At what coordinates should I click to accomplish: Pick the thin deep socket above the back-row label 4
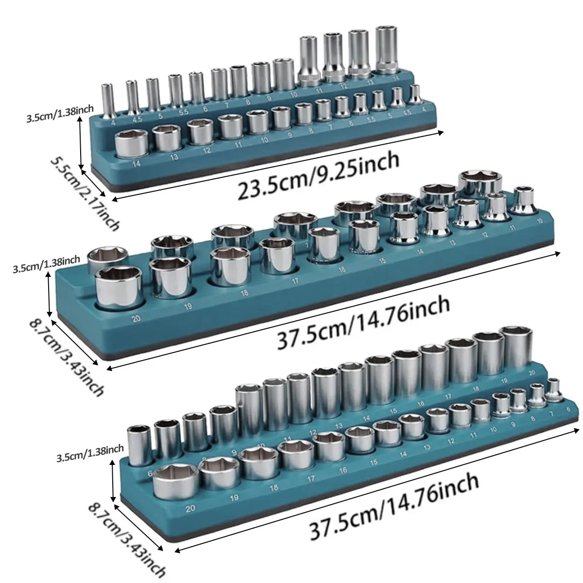tap(105, 99)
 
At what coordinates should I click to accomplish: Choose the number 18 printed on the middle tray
tap(244, 293)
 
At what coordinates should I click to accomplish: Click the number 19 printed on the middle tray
tap(188, 306)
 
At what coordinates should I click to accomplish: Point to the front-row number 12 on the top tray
tap(207, 150)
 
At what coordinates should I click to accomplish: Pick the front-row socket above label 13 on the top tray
tap(168, 137)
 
